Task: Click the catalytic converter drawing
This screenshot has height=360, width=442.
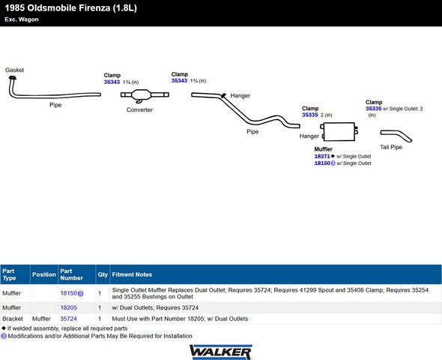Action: pos(145,95)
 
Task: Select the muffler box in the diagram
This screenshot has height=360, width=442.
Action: pos(339,131)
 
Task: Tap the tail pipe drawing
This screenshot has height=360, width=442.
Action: pos(396,136)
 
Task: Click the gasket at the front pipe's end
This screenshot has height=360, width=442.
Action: pos(12,78)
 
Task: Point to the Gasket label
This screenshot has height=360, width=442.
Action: pos(14,70)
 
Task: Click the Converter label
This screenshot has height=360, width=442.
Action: pos(139,109)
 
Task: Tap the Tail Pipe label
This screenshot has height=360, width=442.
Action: pos(391,147)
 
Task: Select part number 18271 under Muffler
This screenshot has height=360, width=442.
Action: pos(322,156)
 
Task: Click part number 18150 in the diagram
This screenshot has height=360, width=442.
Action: pos(322,163)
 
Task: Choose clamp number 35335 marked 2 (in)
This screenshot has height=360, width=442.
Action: pos(310,115)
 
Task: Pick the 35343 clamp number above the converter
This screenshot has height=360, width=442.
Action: pos(112,82)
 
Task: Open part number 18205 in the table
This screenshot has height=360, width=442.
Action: pos(68,307)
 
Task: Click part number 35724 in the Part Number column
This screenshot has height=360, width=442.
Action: pos(68,319)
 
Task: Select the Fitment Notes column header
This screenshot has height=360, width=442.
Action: pos(132,274)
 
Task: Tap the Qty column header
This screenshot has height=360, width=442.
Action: pos(103,274)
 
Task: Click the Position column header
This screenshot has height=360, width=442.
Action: pos(44,274)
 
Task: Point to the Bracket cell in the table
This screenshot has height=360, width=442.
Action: pos(13,319)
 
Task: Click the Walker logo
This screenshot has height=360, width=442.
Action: pos(221,352)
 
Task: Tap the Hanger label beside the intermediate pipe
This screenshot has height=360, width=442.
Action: pos(240,96)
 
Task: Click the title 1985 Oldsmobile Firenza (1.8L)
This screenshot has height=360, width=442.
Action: pos(70,8)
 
